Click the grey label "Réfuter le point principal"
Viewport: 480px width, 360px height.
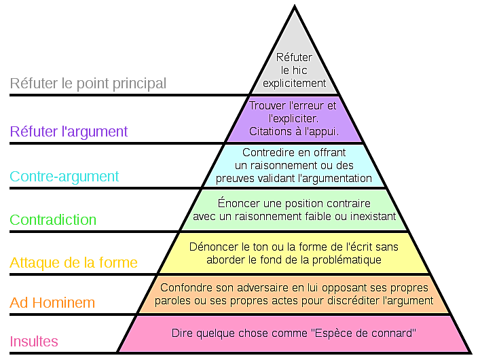pos(88,84)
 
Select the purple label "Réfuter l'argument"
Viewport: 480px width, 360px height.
pos(69,132)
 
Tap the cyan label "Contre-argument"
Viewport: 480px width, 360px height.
pos(64,177)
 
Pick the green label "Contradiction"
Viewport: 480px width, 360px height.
pos(53,219)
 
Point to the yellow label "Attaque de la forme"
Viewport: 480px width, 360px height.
pos(73,263)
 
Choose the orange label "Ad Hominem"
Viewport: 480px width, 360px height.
pos(52,303)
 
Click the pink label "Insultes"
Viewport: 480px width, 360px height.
pos(34,341)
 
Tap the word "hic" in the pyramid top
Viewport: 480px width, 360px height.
pos(299,70)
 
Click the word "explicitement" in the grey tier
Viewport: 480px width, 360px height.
pos(295,84)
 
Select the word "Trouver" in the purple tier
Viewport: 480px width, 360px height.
pos(267,106)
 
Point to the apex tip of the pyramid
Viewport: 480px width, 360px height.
pos(295,5)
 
